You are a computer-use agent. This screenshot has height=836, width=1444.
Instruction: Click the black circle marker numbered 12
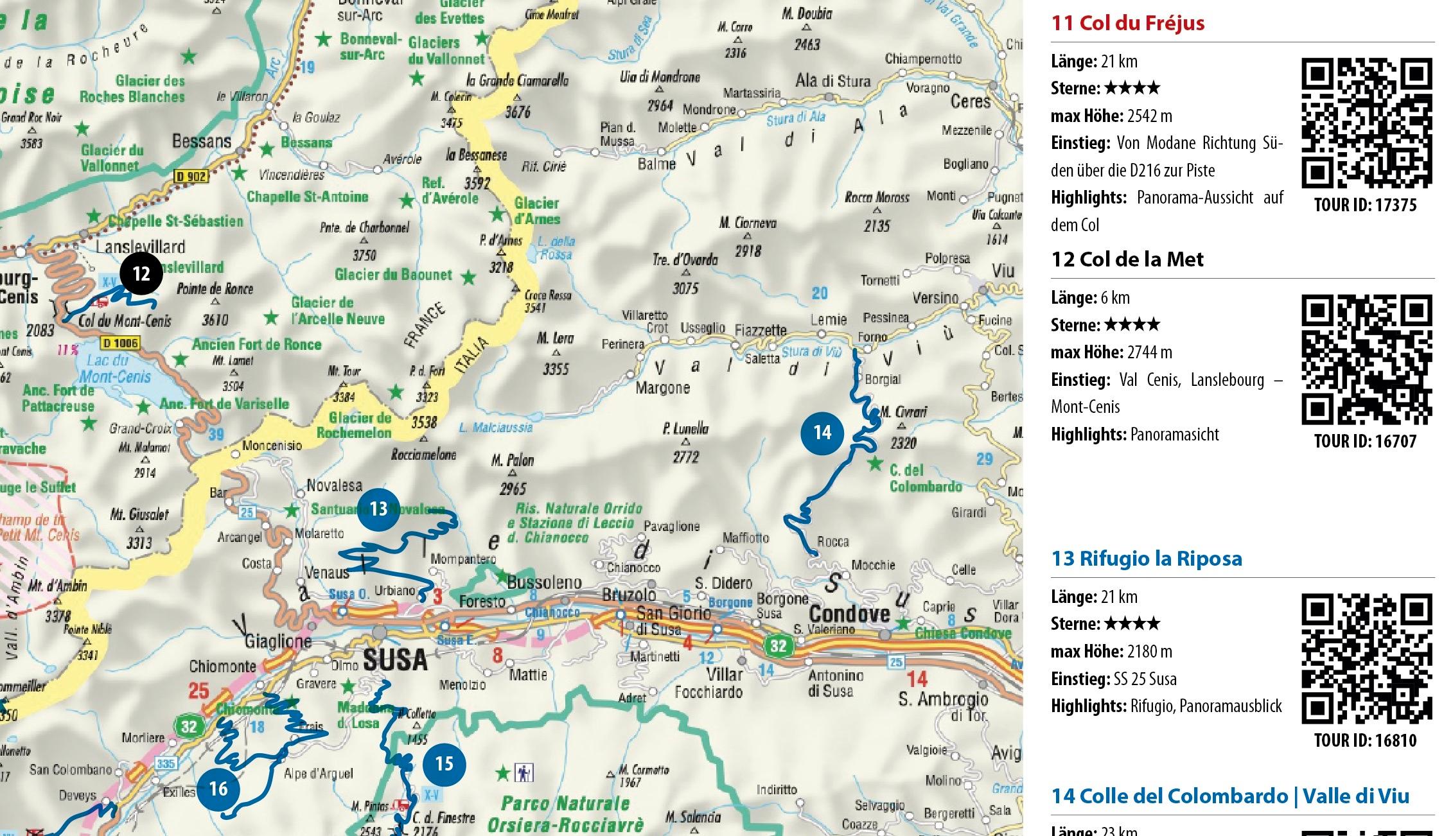pos(141,274)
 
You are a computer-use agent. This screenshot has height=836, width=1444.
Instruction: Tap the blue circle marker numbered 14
pos(823,433)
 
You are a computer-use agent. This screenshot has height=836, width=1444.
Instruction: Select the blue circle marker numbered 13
pos(378,509)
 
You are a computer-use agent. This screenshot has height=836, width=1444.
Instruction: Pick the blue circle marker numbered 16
pos(218,788)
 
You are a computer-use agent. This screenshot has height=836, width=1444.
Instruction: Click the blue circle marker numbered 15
pos(444,764)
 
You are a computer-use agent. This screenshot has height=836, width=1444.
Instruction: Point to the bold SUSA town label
pos(394,659)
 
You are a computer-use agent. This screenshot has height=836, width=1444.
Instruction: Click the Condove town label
pos(849,613)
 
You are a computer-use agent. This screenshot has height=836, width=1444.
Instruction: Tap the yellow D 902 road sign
pos(191,175)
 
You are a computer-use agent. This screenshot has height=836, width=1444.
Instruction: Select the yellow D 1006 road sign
pos(120,343)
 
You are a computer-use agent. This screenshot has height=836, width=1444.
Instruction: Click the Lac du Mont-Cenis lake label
pos(116,369)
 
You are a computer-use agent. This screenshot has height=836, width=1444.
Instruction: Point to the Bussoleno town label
pos(544,583)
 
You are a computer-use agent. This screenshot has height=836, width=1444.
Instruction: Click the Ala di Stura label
pos(832,82)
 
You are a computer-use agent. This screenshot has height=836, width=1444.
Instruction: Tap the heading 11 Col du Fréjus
pos(1127,23)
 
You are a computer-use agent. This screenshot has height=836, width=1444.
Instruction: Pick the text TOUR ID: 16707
pos(1365,441)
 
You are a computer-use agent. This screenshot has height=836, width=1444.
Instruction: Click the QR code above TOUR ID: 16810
pos(1366,658)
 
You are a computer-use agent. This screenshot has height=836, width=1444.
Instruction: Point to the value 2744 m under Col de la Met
pos(1149,352)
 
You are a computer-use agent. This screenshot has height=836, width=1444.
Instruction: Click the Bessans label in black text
pos(202,141)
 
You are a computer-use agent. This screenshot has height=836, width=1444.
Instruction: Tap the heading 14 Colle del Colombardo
pos(1230,796)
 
